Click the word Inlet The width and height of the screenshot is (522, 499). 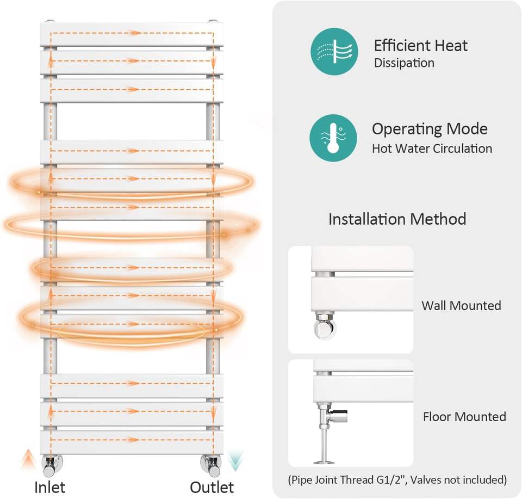[x=49, y=488]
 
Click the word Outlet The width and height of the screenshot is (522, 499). [x=212, y=488]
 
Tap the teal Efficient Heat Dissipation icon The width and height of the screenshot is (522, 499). [x=334, y=51]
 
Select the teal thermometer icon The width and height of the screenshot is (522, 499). [x=333, y=138]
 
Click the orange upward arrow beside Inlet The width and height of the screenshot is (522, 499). [x=29, y=459]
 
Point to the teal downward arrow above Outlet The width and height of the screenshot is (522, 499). [x=235, y=461]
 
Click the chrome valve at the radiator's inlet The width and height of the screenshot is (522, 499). [x=52, y=465]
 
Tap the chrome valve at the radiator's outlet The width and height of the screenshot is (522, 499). [x=211, y=465]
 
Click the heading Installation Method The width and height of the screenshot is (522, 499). [x=397, y=219]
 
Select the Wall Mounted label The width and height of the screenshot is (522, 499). [x=461, y=305]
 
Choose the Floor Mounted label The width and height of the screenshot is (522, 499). [x=464, y=417]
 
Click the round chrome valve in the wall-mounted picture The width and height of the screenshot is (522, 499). [x=325, y=326]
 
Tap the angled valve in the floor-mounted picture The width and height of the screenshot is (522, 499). [x=332, y=416]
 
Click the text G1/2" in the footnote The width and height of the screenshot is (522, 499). [x=391, y=480]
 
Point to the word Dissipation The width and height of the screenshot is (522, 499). [x=404, y=63]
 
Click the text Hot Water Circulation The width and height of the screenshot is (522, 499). [x=432, y=149]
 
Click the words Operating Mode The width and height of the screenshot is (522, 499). [x=430, y=130]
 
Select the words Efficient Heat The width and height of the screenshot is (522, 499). [x=421, y=45]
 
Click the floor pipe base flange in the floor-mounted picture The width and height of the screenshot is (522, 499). [x=324, y=462]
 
